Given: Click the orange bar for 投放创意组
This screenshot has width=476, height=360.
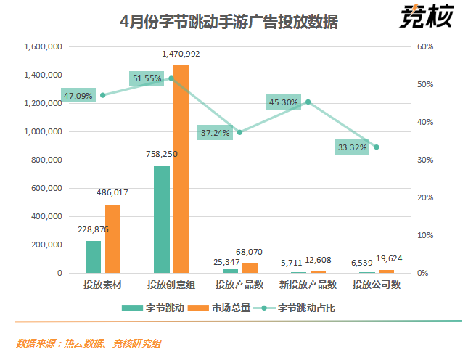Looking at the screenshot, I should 181,169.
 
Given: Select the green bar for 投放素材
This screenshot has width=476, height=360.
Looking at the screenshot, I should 93,257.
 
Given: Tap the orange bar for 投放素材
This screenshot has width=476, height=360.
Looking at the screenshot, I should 112,239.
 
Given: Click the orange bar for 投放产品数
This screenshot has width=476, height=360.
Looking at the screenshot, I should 250,268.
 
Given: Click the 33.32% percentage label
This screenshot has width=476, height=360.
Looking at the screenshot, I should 353,147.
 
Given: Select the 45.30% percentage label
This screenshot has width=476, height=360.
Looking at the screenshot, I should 284,102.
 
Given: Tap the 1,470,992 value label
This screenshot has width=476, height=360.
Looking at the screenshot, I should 181,54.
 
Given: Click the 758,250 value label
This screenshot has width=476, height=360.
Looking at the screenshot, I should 161,155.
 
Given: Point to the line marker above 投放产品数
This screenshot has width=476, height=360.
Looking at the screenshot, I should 239,132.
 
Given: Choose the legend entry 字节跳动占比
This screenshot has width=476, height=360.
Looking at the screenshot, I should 299,308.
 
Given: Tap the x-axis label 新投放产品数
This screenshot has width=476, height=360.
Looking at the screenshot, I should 308,285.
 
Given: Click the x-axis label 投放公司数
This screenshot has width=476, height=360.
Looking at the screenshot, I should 376,285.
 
